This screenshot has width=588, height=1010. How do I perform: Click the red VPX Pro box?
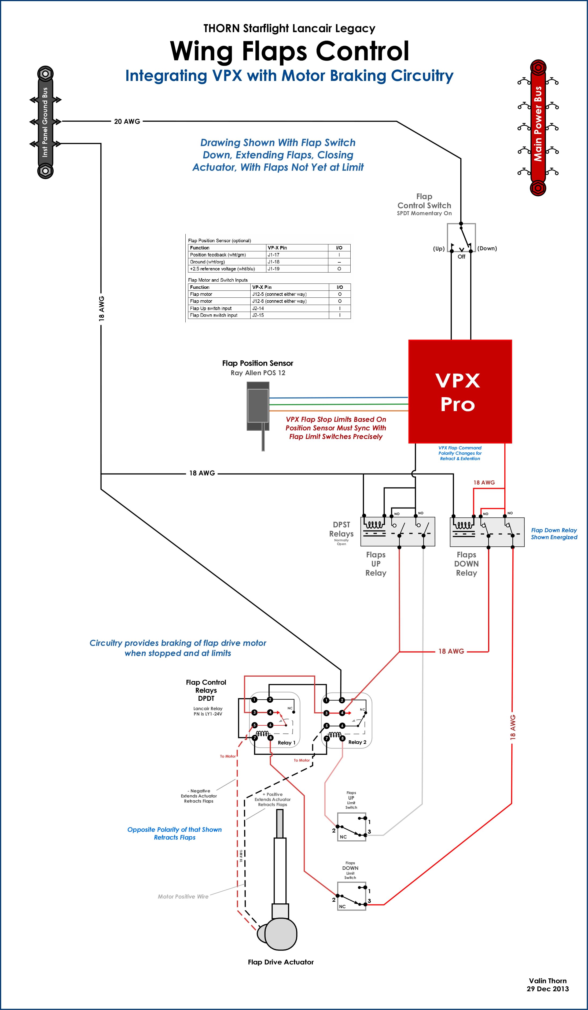coord(460,391)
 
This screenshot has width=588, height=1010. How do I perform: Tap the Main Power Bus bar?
coord(538,128)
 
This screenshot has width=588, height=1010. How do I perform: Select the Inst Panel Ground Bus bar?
coord(45,122)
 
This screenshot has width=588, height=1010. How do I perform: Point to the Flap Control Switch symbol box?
coord(461,237)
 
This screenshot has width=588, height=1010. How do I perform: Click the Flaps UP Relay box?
coord(398,531)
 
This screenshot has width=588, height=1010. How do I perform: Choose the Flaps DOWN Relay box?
coord(487,531)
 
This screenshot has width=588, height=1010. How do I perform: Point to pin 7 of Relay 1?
coord(254,737)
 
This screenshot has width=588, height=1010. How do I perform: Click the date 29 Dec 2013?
coord(547,989)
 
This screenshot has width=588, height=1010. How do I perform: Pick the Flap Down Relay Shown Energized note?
coord(554,534)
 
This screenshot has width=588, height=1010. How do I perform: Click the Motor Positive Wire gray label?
coord(183,897)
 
